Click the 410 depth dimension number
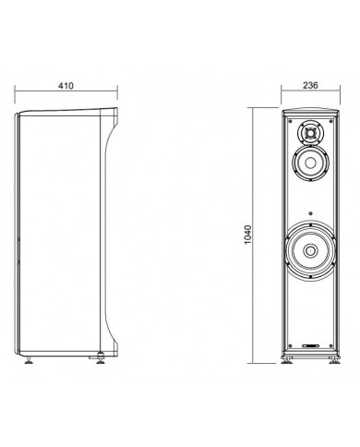tap(65, 84)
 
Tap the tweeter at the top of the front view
tap(310, 135)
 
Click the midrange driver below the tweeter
tap(310, 167)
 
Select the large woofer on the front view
tap(310, 251)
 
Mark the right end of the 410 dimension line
tap(118, 93)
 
